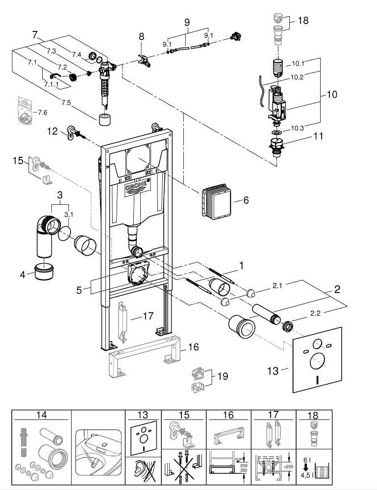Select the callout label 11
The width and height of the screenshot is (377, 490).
pyautogui.click(x=319, y=136)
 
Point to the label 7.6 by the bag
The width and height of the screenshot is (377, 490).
pyautogui.click(x=42, y=113)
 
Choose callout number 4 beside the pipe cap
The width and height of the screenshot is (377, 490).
pyautogui.click(x=23, y=274)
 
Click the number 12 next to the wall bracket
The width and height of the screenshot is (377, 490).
pyautogui.click(x=53, y=131)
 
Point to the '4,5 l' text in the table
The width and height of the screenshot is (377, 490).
pyautogui.click(x=307, y=475)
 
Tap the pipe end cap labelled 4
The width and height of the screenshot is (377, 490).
pyautogui.click(x=44, y=272)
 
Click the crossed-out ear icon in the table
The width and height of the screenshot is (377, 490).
pyautogui.click(x=143, y=471)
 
